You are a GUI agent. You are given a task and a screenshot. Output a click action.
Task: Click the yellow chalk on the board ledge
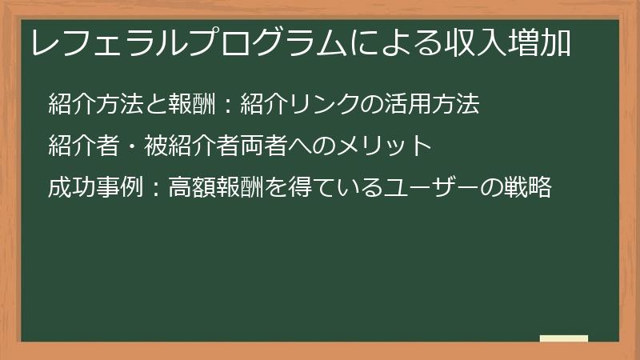(x=563, y=338)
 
